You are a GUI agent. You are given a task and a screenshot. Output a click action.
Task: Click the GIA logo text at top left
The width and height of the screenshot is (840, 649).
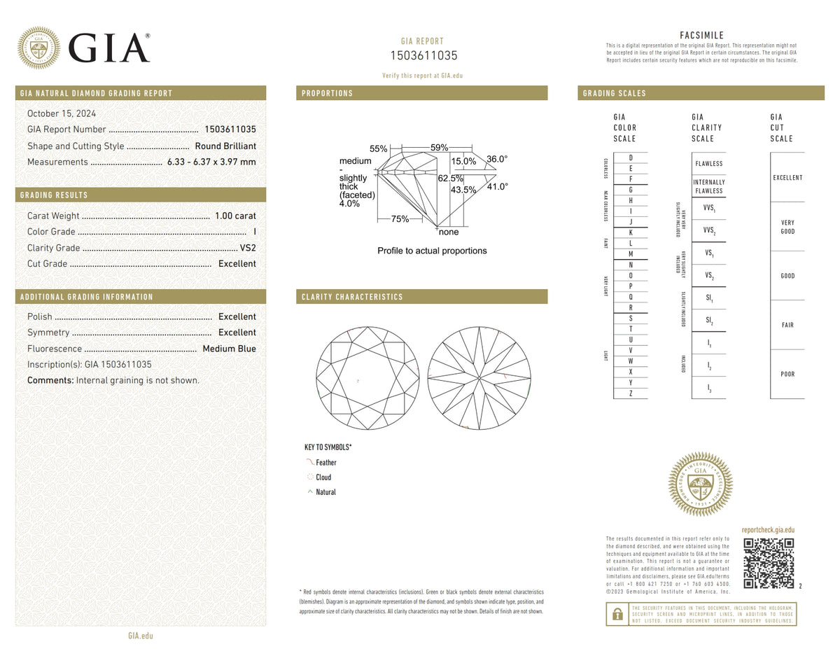(x=109, y=49)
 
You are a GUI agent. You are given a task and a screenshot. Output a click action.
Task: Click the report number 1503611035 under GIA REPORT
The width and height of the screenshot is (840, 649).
(x=423, y=55)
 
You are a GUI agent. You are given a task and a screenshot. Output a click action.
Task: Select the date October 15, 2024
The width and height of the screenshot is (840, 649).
(x=62, y=113)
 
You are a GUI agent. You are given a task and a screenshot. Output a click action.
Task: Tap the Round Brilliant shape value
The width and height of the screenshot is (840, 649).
(x=225, y=146)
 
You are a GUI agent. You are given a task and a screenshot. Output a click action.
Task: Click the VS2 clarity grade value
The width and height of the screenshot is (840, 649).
(x=247, y=248)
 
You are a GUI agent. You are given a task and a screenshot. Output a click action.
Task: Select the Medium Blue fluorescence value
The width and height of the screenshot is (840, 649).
(x=229, y=349)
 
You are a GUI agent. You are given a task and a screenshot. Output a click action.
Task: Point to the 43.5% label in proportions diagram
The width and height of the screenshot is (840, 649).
(x=463, y=190)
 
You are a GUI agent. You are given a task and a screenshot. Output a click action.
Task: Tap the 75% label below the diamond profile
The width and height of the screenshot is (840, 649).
(x=400, y=219)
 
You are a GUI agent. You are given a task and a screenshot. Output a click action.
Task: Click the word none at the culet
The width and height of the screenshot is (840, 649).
(x=449, y=232)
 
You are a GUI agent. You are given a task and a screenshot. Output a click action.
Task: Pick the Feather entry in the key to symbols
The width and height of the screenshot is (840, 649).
(x=325, y=463)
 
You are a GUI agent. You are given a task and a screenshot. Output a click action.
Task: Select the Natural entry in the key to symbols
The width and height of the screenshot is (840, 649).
(x=325, y=492)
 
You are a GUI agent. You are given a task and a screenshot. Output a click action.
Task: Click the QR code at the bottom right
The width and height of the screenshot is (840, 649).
(x=769, y=563)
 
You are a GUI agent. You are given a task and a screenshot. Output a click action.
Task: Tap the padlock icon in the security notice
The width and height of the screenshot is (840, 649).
(x=617, y=614)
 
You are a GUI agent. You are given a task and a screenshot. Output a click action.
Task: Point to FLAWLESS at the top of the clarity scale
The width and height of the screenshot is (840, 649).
(x=708, y=164)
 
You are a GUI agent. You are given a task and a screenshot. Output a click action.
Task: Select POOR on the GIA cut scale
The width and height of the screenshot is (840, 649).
(x=787, y=374)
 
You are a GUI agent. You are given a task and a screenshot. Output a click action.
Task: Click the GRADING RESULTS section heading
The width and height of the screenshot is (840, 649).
(x=54, y=195)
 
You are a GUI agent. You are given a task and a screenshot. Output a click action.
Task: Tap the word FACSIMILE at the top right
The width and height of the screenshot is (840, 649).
(x=701, y=36)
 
